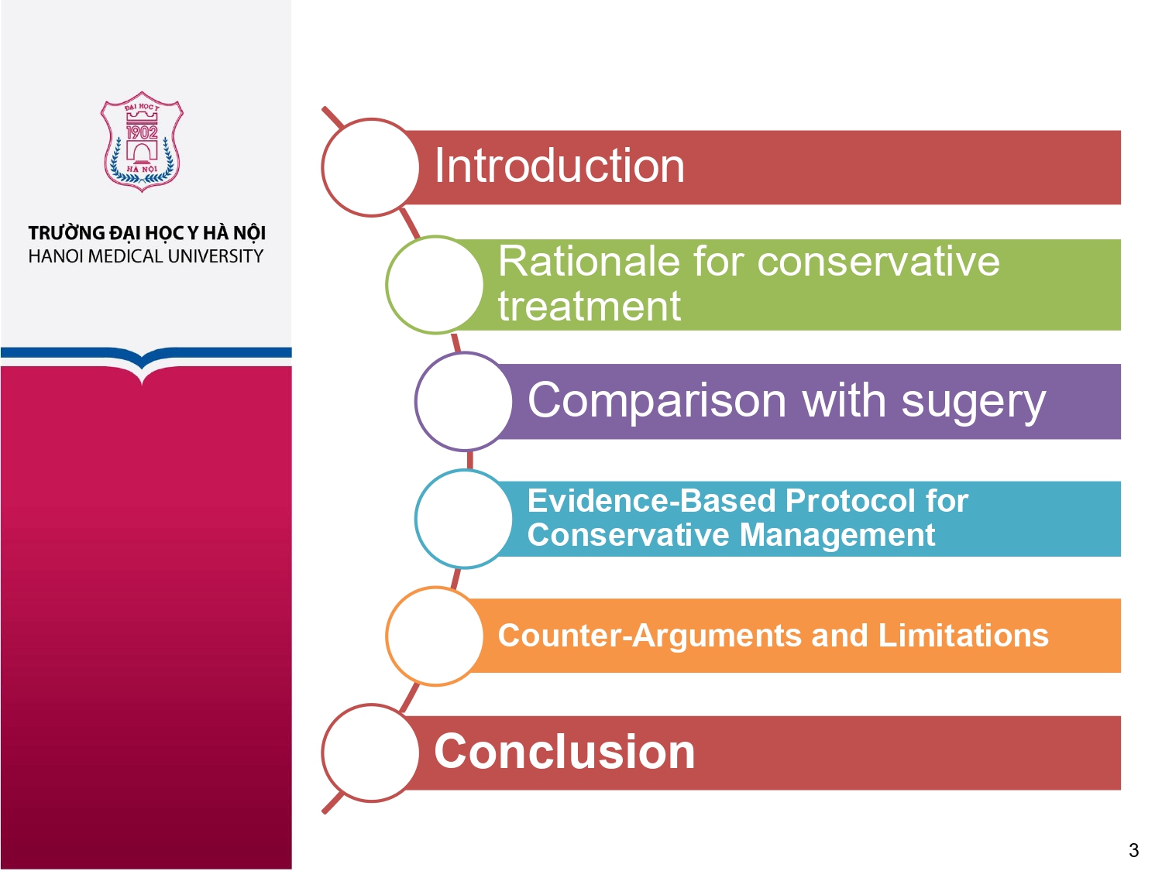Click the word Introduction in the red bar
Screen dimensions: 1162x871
559,166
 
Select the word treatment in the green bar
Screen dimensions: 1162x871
590,306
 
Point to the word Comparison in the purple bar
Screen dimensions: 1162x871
657,401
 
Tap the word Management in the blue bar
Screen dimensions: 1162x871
837,535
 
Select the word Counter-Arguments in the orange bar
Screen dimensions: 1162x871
649,635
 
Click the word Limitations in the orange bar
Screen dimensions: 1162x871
963,635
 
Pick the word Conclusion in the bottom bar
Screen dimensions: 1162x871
564,752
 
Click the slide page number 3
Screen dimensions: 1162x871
1133,850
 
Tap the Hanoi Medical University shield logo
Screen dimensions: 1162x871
141,142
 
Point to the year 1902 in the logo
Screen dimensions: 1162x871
141,132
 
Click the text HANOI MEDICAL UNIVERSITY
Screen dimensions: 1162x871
146,256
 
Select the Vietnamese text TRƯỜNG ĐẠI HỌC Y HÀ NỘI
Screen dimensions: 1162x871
146,233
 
